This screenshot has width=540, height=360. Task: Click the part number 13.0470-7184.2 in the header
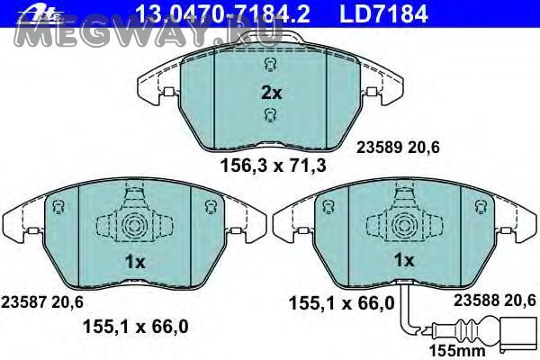[223, 13]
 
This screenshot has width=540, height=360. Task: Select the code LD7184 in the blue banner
[383, 13]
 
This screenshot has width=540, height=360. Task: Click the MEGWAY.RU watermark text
[148, 34]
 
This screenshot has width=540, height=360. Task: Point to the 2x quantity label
[272, 93]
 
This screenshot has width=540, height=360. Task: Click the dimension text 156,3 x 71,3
[273, 166]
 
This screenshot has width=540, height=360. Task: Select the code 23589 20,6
[398, 148]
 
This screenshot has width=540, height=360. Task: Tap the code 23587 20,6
[42, 302]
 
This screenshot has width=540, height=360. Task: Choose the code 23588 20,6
[494, 301]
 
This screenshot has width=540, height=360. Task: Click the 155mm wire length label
[457, 351]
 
